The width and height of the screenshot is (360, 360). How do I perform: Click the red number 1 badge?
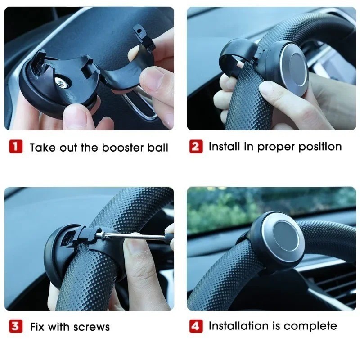tap(16, 147)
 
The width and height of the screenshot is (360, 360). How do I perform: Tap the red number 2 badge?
tap(196, 147)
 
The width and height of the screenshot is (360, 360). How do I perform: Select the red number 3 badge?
tap(16, 326)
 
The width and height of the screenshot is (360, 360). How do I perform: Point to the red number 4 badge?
tap(196, 326)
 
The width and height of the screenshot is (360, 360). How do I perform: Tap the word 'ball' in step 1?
tap(158, 148)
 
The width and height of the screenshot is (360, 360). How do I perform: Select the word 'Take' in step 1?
tap(41, 148)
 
